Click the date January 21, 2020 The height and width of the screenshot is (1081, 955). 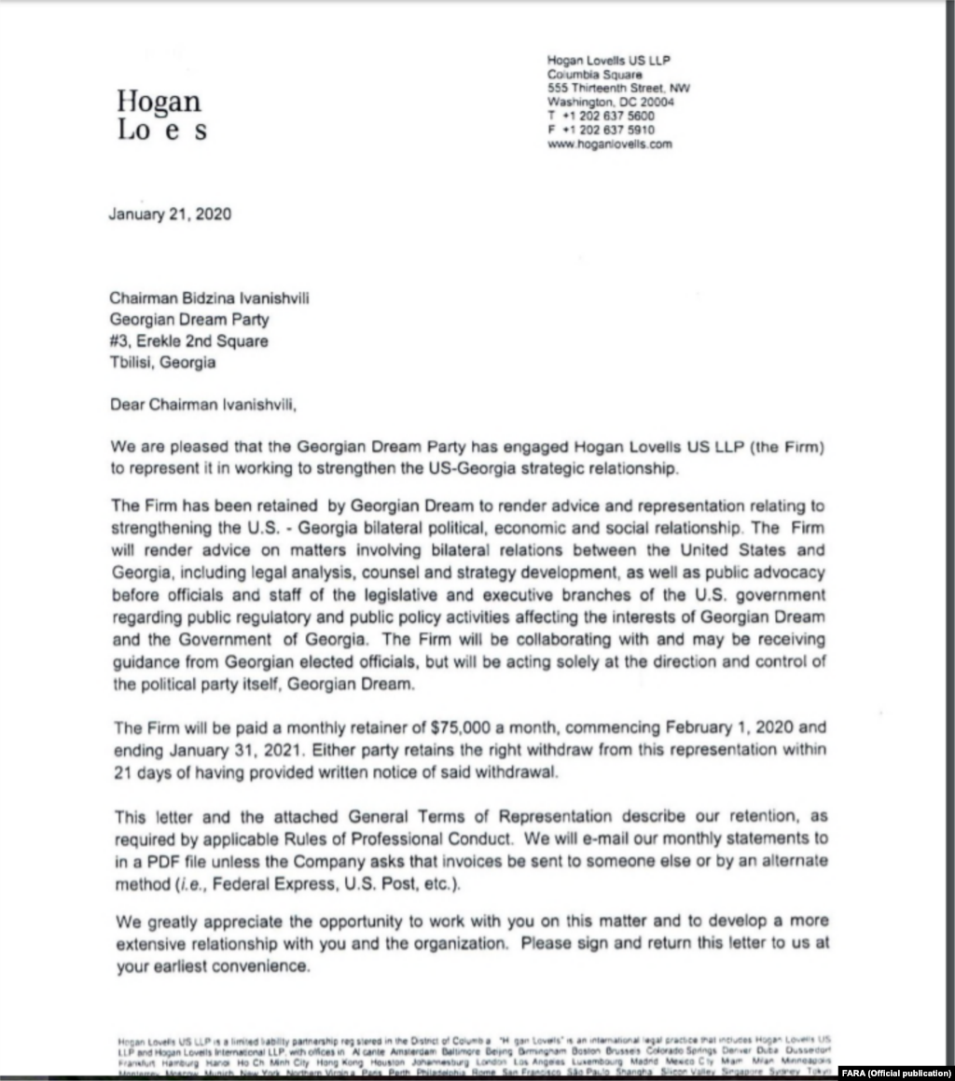(171, 214)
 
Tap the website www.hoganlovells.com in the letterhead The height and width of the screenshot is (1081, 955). (609, 145)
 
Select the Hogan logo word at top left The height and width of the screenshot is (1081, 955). (159, 101)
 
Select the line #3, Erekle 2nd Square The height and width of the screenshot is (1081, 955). (188, 340)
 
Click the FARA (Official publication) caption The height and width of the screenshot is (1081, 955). (896, 1072)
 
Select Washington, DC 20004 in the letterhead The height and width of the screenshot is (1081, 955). (609, 103)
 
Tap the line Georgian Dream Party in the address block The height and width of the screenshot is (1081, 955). (189, 319)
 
